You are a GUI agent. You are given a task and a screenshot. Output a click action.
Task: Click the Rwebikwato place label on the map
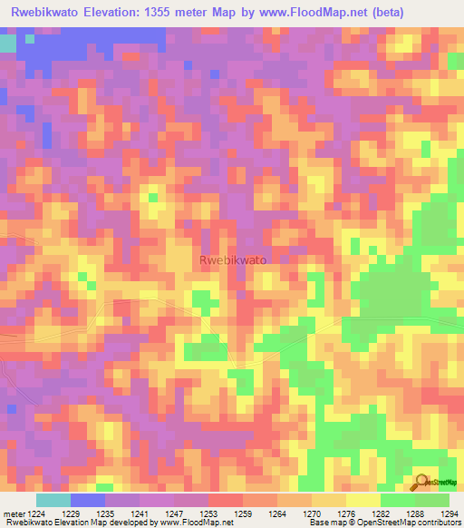pyautogui.click(x=232, y=259)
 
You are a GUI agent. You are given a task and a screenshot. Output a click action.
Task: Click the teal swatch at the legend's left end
pyautogui.click(x=53, y=499)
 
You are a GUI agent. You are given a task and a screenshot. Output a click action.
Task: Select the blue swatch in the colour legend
pyautogui.click(x=88, y=499)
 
